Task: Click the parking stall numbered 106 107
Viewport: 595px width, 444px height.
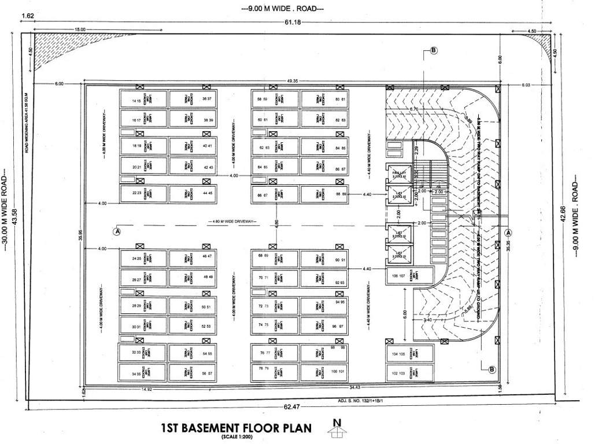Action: pyautogui.click(x=410, y=276)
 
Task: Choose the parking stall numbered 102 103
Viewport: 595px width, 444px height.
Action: pyautogui.click(x=410, y=373)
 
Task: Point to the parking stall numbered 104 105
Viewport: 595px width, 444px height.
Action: pyautogui.click(x=410, y=354)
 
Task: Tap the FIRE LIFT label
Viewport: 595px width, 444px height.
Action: pyautogui.click(x=398, y=173)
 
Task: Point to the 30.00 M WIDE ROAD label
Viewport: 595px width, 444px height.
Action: pyautogui.click(x=5, y=208)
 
